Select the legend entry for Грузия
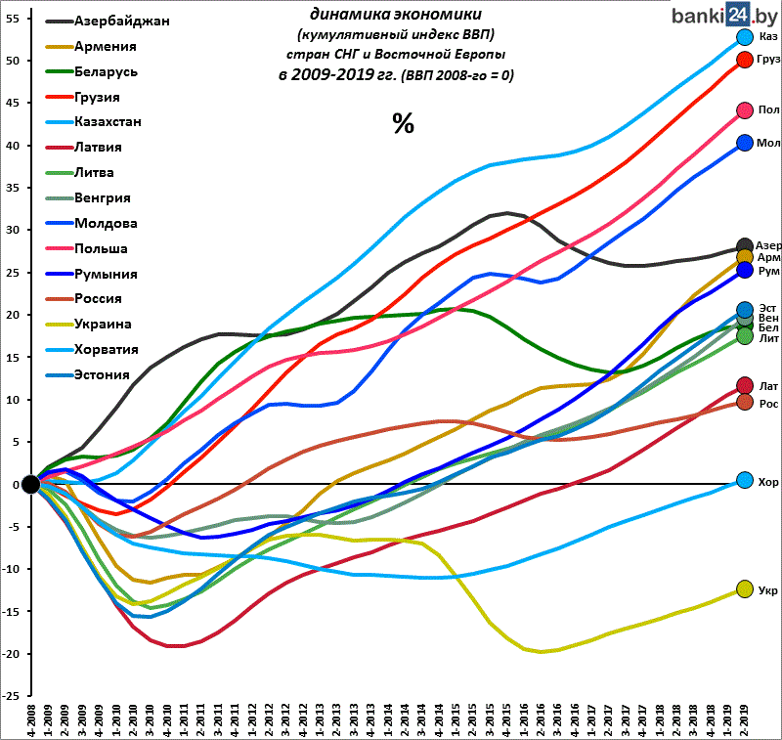click(x=97, y=97)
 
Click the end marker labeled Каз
click(x=744, y=37)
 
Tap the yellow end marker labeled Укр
click(x=744, y=589)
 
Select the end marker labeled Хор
click(x=744, y=480)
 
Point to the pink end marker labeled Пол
click(x=744, y=110)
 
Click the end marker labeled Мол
click(x=744, y=143)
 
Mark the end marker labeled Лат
click(x=744, y=386)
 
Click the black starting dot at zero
click(x=30, y=484)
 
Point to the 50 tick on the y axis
click(x=11, y=61)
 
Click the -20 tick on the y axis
click(x=9, y=654)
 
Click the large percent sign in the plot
click(x=403, y=122)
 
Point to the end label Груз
click(x=768, y=60)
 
